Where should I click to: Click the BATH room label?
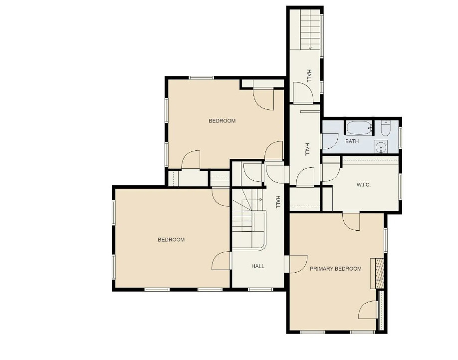tap(352, 141)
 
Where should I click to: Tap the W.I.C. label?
tap(364, 185)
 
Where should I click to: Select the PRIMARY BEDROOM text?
tap(336, 269)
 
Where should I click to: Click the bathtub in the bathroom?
tap(359, 128)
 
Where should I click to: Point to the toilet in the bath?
tap(386, 129)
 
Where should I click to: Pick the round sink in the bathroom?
tap(381, 147)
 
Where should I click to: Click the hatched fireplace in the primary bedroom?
tap(377, 273)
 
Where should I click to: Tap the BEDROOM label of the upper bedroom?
tap(222, 121)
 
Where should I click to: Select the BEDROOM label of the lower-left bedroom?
tap(171, 240)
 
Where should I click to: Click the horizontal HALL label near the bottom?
tap(258, 266)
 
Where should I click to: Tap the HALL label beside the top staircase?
tap(309, 76)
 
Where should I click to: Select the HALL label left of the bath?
tap(307, 149)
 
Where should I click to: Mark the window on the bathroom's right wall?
tap(400, 137)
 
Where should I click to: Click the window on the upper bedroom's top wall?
tap(201, 78)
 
